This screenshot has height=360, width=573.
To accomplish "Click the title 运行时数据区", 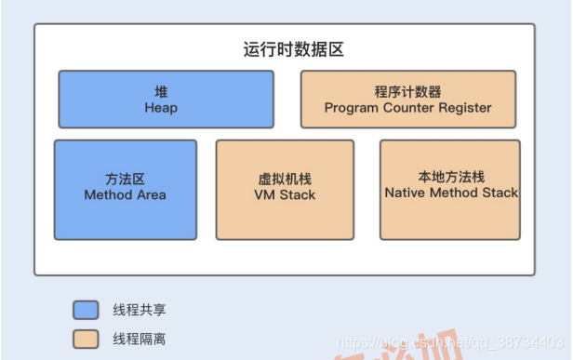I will pyautogui.click(x=286, y=49).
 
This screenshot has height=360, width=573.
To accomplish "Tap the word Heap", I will pyautogui.click(x=161, y=108).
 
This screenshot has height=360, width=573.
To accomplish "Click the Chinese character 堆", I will pyautogui.click(x=161, y=92).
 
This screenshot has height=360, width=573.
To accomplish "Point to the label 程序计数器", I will pyautogui.click(x=407, y=92).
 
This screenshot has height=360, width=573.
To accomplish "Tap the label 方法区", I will pyautogui.click(x=125, y=179).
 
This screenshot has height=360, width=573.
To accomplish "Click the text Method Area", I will pyautogui.click(x=125, y=195).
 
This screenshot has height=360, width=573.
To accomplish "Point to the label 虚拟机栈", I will pyautogui.click(x=285, y=180).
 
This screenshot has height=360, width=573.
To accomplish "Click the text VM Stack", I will pyautogui.click(x=285, y=195).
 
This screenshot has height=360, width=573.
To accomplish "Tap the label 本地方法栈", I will pyautogui.click(x=450, y=177).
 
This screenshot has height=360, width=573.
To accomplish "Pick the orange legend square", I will pyautogui.click(x=86, y=339).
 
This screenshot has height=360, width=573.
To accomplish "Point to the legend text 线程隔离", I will pyautogui.click(x=139, y=340).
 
